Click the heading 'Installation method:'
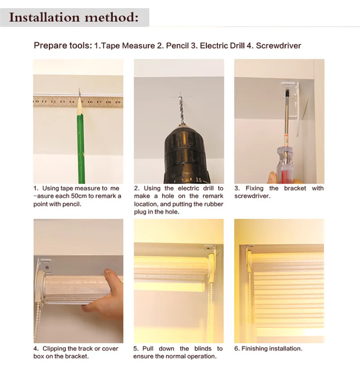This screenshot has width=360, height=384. (x=74, y=18)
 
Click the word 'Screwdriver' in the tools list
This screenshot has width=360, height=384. (x=279, y=46)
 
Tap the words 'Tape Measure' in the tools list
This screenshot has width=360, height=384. (x=128, y=46)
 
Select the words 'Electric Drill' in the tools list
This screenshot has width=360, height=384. (x=222, y=46)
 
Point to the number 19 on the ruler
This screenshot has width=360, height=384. (x=118, y=102)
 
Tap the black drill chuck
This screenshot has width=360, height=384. (x=186, y=154)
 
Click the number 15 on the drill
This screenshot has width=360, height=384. (x=198, y=180)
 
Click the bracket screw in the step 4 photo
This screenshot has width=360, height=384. (x=47, y=267)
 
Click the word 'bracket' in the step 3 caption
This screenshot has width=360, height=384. (x=295, y=188)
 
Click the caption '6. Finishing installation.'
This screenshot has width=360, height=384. (x=268, y=348)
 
